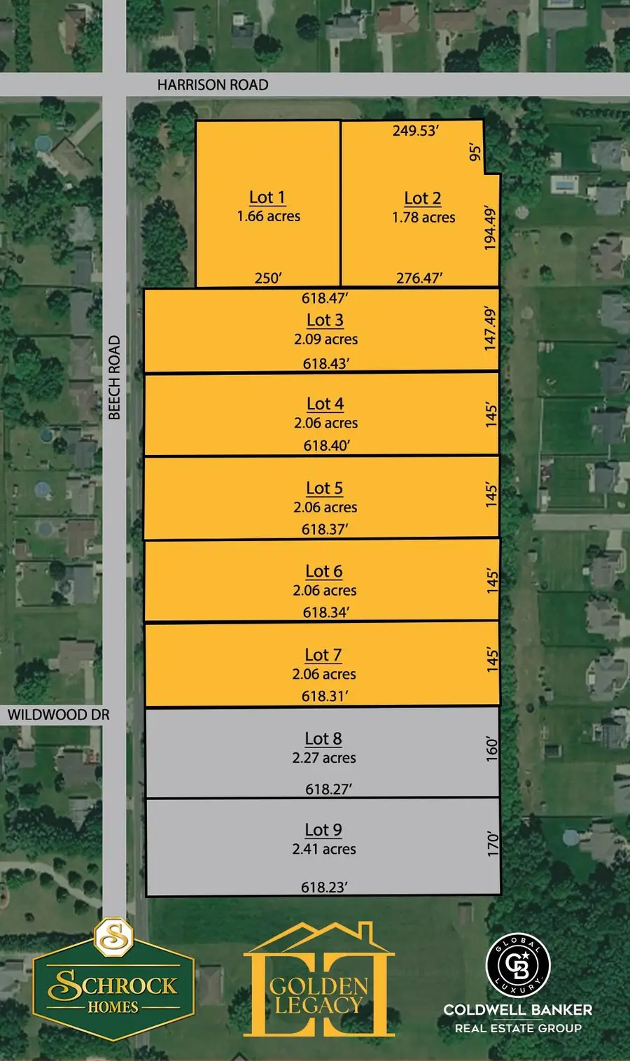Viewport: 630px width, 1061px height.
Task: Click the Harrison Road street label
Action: click(x=212, y=85)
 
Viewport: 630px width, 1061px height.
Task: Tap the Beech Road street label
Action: click(x=114, y=378)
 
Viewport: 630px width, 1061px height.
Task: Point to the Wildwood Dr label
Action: click(x=59, y=715)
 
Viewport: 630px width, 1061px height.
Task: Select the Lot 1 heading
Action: click(x=267, y=197)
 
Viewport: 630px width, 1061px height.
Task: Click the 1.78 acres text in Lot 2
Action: click(x=423, y=218)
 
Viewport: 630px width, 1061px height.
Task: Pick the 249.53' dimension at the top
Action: click(x=415, y=130)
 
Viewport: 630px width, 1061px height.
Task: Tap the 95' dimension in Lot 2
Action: click(x=475, y=152)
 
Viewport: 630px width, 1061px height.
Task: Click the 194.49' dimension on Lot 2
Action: click(x=490, y=228)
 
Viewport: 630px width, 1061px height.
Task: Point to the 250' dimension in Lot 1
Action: click(x=267, y=278)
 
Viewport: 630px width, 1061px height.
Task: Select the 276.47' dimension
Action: click(x=419, y=278)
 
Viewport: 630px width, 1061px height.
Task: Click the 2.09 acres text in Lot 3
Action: click(x=325, y=339)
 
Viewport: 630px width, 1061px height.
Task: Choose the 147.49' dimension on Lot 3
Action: click(x=490, y=329)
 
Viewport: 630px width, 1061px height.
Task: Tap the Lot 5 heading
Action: click(x=324, y=488)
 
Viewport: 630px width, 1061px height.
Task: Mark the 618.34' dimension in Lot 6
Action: click(x=326, y=612)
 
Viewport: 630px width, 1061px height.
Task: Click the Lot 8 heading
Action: click(x=323, y=738)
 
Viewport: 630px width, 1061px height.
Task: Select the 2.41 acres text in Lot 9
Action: click(x=324, y=849)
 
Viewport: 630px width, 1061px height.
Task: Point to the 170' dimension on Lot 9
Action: click(x=493, y=843)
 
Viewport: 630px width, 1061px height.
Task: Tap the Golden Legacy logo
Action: click(x=318, y=980)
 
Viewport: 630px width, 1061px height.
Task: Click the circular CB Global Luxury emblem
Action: click(x=518, y=966)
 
